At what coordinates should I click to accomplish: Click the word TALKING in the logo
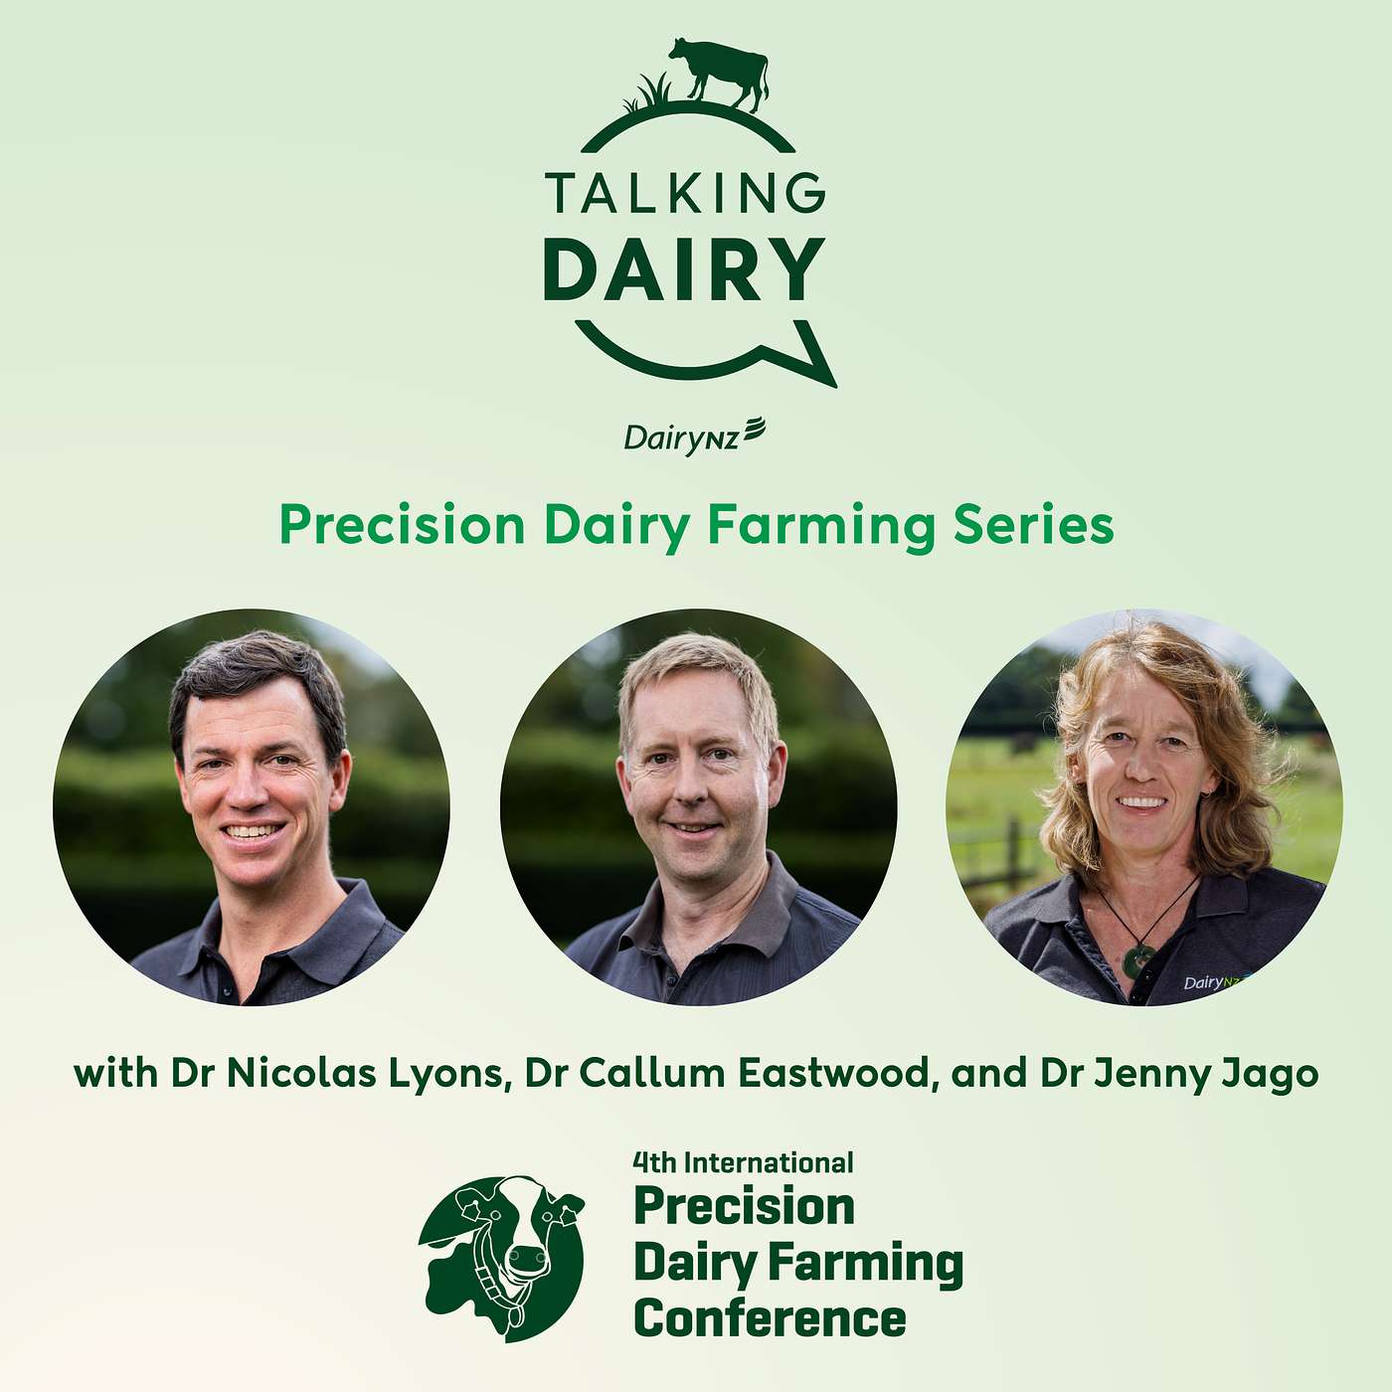tap(685, 193)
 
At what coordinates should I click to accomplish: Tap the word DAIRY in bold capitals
tap(685, 269)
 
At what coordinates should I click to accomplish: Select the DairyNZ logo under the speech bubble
tap(694, 435)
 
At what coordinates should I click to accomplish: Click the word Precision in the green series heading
tap(402, 525)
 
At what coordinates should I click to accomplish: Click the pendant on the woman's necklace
tap(1137, 959)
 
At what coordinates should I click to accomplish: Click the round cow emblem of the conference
tap(502, 1258)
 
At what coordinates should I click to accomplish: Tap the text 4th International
tap(743, 1162)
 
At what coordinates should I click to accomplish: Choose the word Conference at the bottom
tap(770, 1319)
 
